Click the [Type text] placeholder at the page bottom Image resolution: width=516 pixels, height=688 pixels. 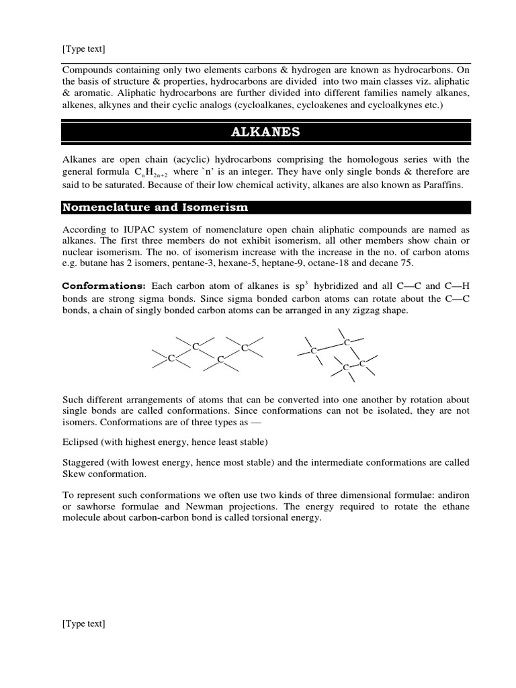pos(83,623)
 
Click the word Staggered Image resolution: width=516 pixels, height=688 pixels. pos(84,463)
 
